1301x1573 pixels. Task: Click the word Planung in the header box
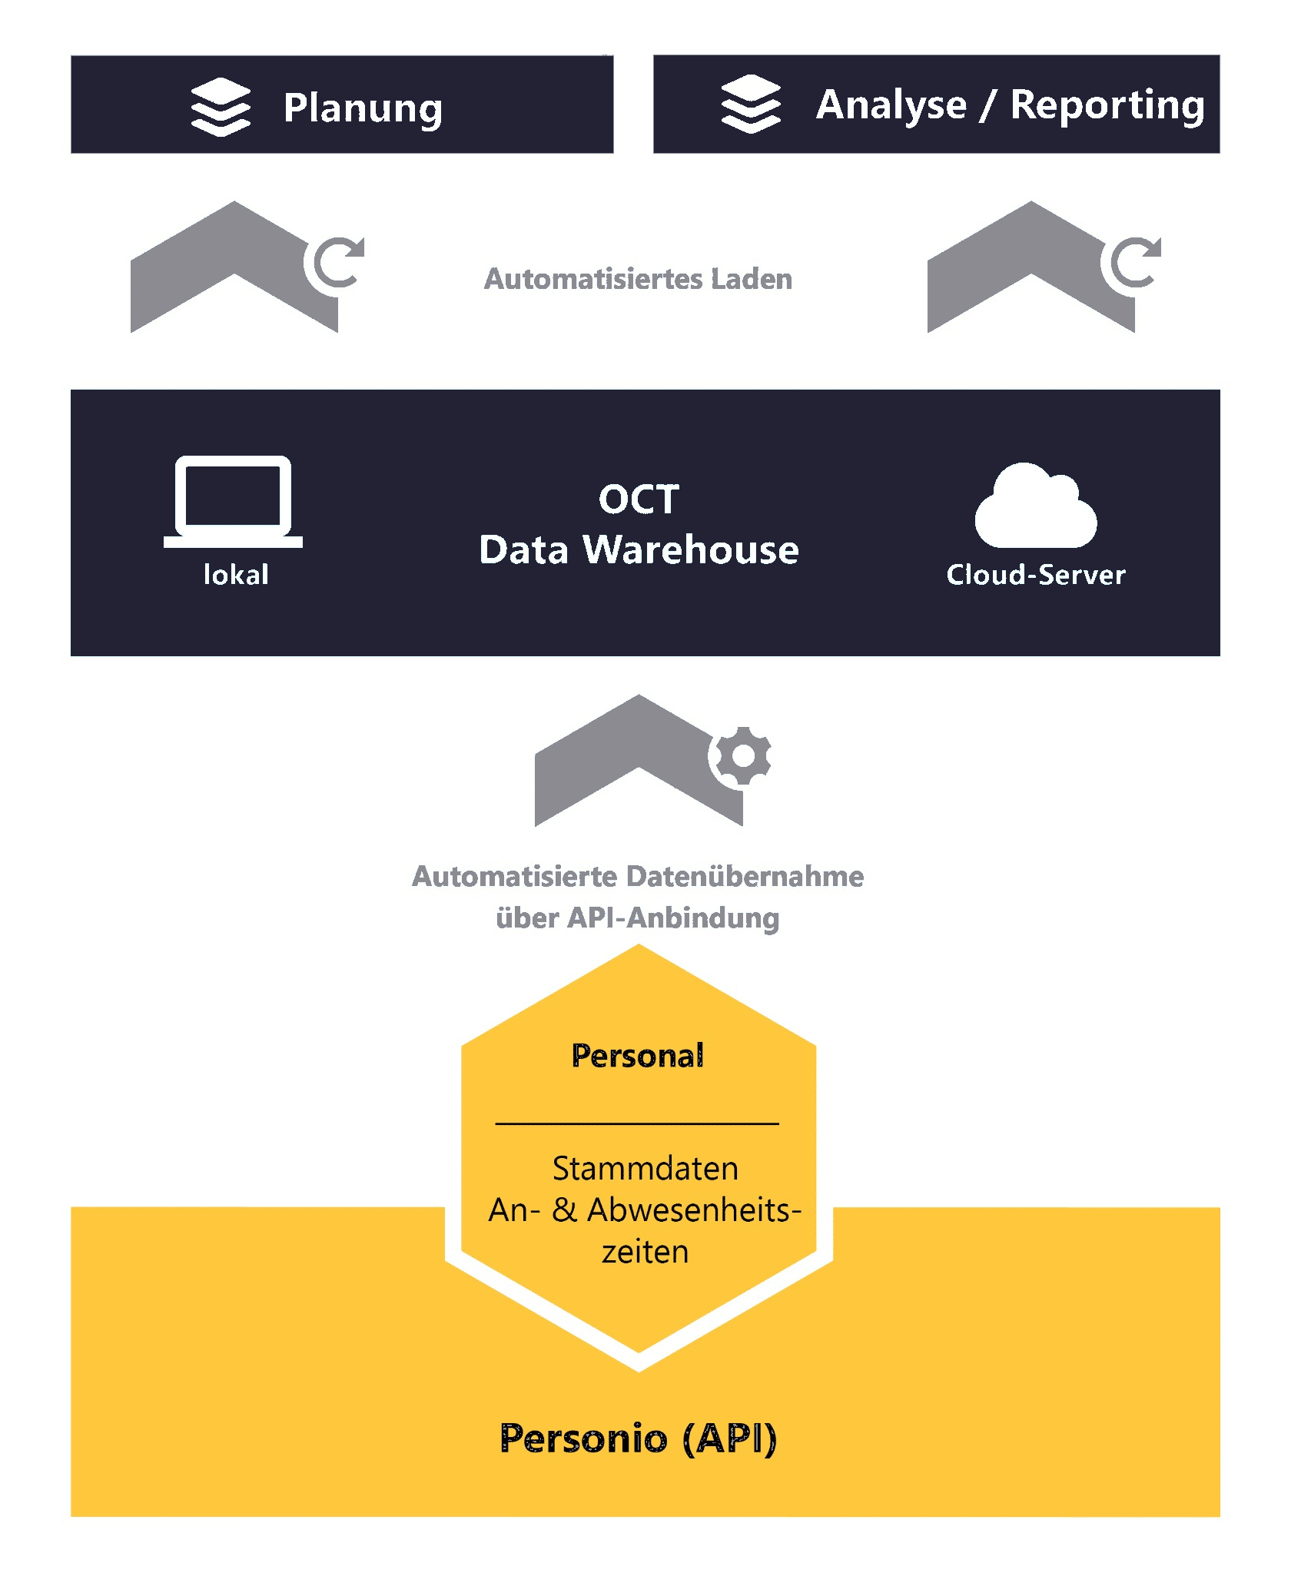pyautogui.click(x=363, y=108)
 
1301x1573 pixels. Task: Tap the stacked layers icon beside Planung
pyautogui.click(x=221, y=107)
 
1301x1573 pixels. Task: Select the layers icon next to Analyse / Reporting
pyautogui.click(x=750, y=104)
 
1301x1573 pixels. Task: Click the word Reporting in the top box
pyautogui.click(x=1107, y=105)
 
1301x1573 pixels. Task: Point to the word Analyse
pyautogui.click(x=891, y=105)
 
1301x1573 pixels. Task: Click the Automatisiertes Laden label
pyautogui.click(x=638, y=279)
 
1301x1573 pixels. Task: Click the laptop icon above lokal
pyautogui.click(x=233, y=501)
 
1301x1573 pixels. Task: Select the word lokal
pyautogui.click(x=236, y=575)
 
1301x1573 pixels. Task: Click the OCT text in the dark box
pyautogui.click(x=639, y=499)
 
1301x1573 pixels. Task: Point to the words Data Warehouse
pyautogui.click(x=639, y=550)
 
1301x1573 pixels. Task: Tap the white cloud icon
pyautogui.click(x=1035, y=507)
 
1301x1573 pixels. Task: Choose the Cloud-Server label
pyautogui.click(x=1035, y=575)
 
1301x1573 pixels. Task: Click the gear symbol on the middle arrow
pyautogui.click(x=742, y=756)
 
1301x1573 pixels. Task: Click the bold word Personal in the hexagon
pyautogui.click(x=638, y=1056)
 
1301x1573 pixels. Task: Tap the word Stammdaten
pyautogui.click(x=645, y=1169)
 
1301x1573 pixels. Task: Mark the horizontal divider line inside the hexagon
pyautogui.click(x=637, y=1123)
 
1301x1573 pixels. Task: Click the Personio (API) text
pyautogui.click(x=638, y=1439)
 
